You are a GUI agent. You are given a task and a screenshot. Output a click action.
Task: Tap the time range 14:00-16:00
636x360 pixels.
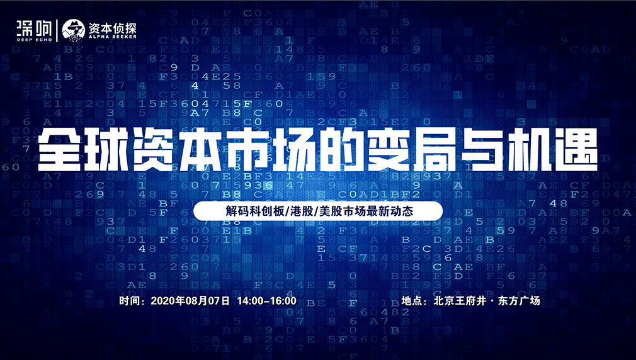[266, 301]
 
